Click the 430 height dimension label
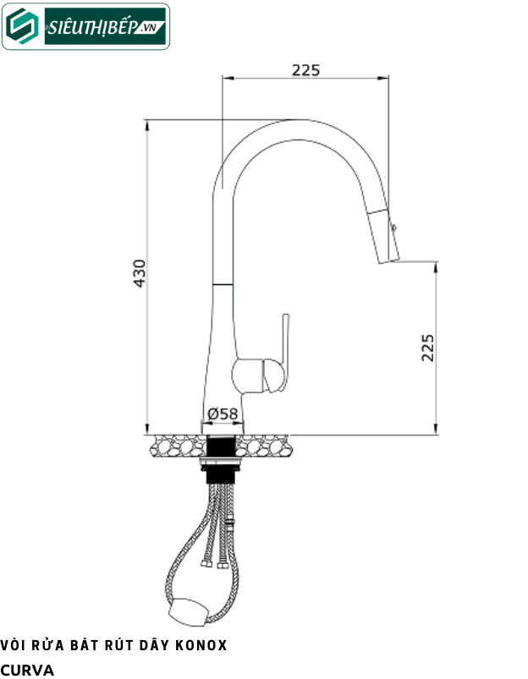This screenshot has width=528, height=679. pos(140,273)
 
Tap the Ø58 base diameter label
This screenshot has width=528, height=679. pos(223,414)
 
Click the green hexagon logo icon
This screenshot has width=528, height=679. pos(22,26)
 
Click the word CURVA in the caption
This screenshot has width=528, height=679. pos(27,670)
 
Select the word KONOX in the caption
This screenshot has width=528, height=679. pos(201,646)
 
